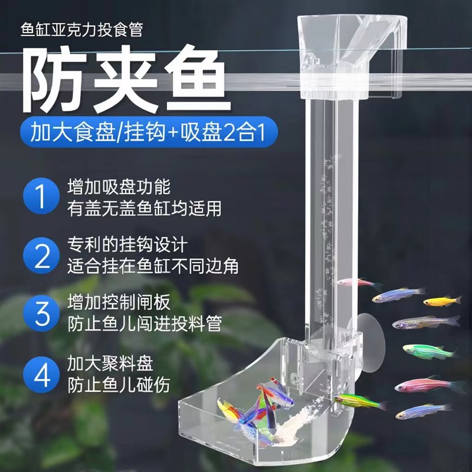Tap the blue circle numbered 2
coord(42,255)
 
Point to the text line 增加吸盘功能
coord(119,188)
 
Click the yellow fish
coord(442,301)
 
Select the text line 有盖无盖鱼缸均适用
coord(144,208)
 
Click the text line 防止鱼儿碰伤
coord(119,385)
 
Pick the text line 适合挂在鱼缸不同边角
coord(153,265)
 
